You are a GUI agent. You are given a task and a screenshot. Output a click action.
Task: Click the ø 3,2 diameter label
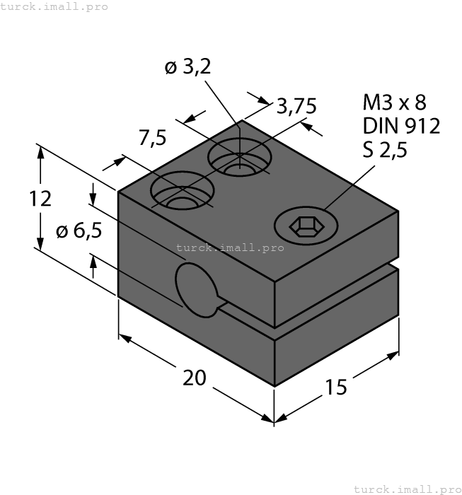(187, 68)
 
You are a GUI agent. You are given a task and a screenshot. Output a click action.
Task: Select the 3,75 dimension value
(296, 106)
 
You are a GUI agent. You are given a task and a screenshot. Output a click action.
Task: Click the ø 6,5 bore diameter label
(78, 231)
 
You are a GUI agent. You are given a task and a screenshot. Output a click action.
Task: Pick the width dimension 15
(336, 387)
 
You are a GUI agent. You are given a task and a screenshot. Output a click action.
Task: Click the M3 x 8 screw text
(395, 103)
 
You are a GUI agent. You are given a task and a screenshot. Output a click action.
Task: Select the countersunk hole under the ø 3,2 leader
(239, 158)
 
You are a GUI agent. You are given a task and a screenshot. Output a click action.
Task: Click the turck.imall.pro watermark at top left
(54, 6)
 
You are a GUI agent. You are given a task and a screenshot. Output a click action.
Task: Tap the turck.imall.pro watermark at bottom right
(406, 489)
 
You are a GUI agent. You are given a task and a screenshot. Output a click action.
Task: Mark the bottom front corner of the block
(275, 386)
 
